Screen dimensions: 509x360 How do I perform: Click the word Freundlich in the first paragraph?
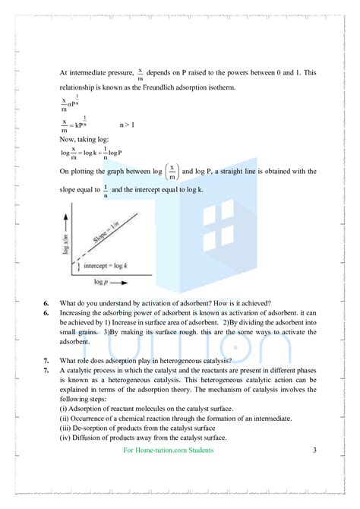tap(163, 87)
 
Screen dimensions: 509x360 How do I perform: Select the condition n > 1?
tap(128, 124)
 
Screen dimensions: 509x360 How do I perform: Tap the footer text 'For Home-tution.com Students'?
tap(168, 450)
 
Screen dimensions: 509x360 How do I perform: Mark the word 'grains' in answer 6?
tap(90, 331)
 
